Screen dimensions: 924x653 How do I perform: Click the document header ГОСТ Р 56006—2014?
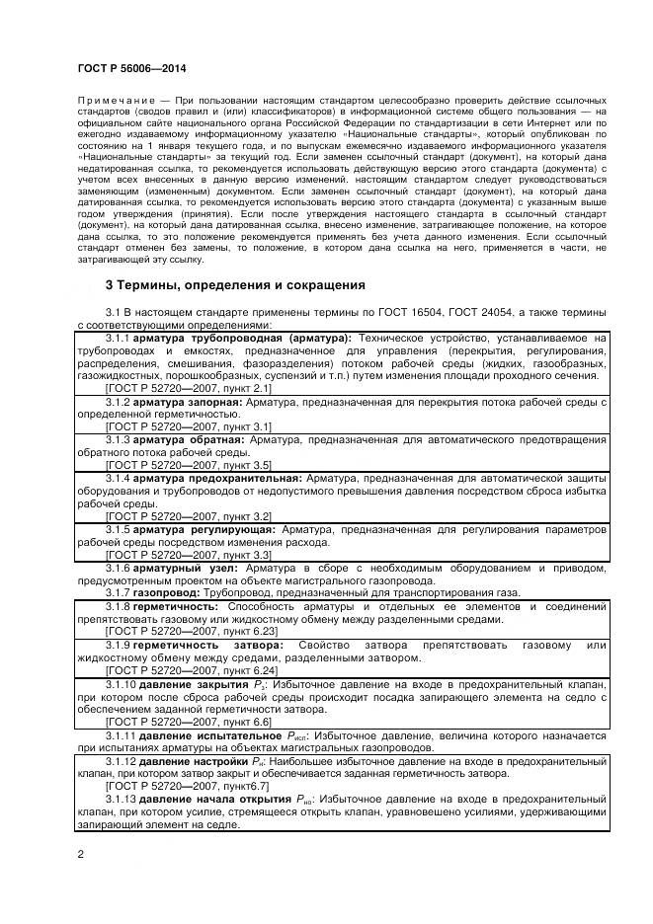[131, 68]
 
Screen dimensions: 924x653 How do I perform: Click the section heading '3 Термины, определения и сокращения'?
[235, 285]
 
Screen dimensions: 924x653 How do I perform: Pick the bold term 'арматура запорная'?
[189, 403]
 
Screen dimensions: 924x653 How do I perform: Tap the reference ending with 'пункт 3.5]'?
[188, 464]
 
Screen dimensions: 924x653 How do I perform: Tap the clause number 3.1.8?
[118, 605]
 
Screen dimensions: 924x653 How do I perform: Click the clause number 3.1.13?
[121, 799]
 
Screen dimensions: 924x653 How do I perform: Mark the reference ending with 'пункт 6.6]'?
[188, 722]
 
